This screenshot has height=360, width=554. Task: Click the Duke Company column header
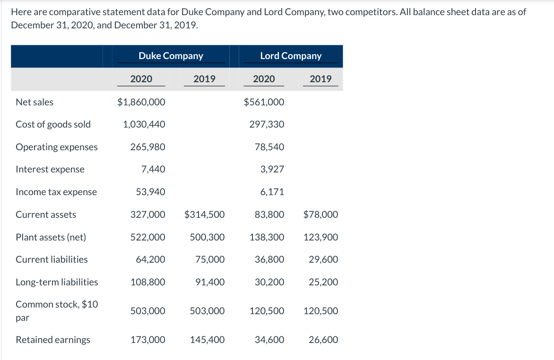(x=171, y=56)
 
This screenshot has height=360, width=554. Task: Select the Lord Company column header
(x=291, y=56)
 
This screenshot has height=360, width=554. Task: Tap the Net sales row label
(x=35, y=102)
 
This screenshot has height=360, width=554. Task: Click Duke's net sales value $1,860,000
(x=141, y=102)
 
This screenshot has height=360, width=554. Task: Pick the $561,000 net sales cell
(x=264, y=102)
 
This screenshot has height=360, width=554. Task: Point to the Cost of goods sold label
(x=53, y=124)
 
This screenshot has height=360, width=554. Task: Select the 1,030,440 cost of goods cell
(x=144, y=124)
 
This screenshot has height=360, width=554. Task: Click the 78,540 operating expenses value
(x=269, y=147)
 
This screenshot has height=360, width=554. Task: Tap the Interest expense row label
(x=50, y=169)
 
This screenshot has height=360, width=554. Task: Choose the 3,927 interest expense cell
(x=272, y=169)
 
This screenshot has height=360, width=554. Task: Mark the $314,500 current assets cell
(x=204, y=214)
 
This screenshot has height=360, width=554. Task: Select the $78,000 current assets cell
(x=320, y=214)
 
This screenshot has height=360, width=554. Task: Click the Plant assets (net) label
(x=51, y=237)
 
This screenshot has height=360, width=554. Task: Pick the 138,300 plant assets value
(x=267, y=237)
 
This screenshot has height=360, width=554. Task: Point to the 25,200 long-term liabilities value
(x=323, y=282)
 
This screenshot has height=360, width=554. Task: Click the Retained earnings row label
(x=53, y=340)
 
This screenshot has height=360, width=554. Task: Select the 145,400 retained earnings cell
(x=207, y=340)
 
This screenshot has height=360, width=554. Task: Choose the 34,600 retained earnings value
(x=269, y=340)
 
